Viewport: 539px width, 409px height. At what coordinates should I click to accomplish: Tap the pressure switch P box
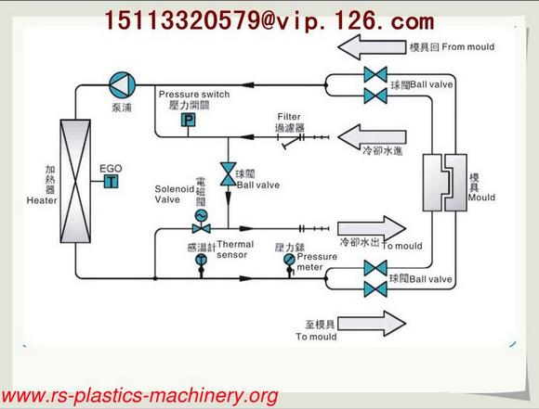[x=187, y=121]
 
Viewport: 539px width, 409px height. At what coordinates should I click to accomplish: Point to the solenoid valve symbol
[x=197, y=216]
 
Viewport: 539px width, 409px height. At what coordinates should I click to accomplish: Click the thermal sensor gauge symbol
[x=202, y=262]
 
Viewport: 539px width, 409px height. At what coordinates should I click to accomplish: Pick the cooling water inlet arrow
[x=366, y=138]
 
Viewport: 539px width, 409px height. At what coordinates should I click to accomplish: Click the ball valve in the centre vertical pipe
[x=226, y=173]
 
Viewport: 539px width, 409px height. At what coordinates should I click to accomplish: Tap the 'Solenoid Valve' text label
[x=170, y=194]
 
